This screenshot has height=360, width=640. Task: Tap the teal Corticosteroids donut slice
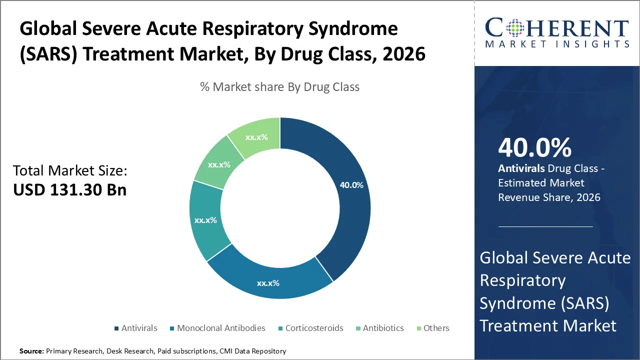[205, 220]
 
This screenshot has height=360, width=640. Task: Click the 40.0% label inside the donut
[351, 184]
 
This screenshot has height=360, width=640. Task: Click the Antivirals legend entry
[135, 328]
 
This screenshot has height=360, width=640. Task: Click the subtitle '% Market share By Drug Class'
[279, 87]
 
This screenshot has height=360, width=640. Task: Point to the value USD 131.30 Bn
[69, 190]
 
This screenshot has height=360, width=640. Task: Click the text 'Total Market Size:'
[70, 170]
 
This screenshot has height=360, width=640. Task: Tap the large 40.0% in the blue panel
[534, 148]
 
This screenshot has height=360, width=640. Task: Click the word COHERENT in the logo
[557, 28]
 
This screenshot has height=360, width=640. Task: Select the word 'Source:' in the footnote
[32, 351]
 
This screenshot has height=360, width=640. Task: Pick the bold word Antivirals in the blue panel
[521, 168]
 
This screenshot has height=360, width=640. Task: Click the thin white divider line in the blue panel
[545, 226]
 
